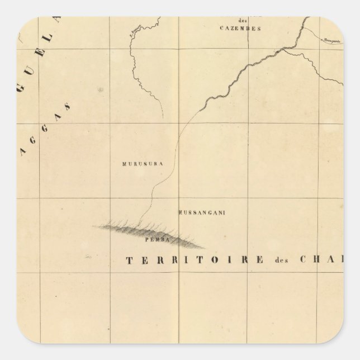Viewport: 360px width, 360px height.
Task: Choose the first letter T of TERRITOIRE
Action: click(130, 259)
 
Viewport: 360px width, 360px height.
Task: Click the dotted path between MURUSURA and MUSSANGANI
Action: click(162, 179)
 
